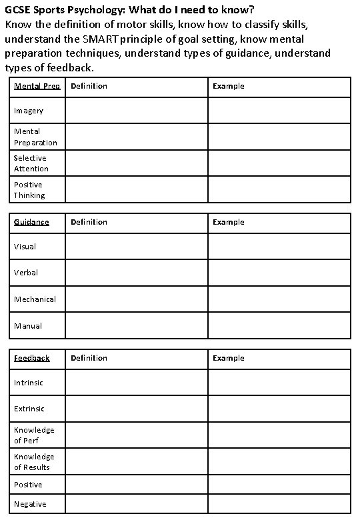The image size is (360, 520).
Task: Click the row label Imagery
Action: (29, 111)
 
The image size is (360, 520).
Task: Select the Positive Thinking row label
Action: (29, 190)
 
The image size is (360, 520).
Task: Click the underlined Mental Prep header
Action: (37, 86)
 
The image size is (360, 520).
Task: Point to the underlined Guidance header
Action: (31, 222)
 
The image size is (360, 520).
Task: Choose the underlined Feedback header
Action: (32, 358)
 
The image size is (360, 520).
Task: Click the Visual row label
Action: (25, 247)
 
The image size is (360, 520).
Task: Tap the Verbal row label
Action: (26, 273)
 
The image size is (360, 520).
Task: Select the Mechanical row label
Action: (35, 299)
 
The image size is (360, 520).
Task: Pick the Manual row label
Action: (28, 326)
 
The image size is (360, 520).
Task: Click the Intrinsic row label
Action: (29, 383)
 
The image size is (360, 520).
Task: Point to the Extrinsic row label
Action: (29, 409)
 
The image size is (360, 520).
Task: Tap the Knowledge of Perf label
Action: (34, 435)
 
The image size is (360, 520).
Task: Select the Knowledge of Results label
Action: (34, 462)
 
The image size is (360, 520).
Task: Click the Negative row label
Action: (30, 504)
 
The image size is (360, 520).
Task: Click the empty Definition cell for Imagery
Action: (136, 111)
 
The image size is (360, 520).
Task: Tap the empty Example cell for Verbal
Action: (279, 273)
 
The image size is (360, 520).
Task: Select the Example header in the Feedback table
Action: (229, 358)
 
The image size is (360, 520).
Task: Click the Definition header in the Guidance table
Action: (89, 222)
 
